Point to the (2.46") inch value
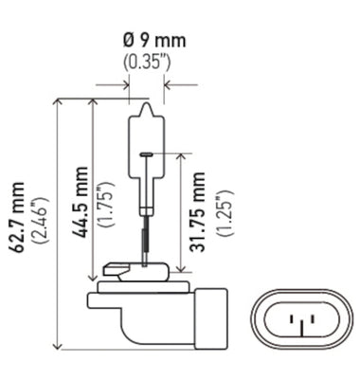[39, 219]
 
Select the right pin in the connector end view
[304, 325]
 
